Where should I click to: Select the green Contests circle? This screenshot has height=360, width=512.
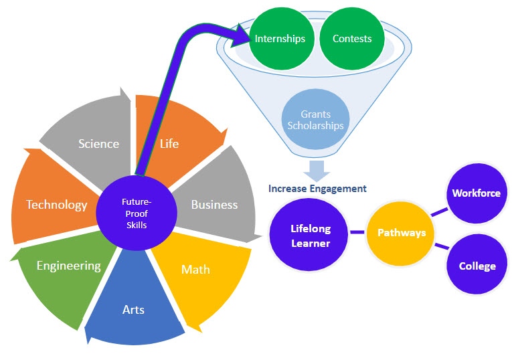(x=352, y=39)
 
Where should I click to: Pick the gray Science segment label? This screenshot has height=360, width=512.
(x=98, y=144)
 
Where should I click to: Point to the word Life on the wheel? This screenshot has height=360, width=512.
(x=169, y=143)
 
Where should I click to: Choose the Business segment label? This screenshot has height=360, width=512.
(x=214, y=205)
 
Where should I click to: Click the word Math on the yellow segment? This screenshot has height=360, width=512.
(x=195, y=270)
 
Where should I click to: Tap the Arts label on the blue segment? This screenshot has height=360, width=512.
(x=133, y=309)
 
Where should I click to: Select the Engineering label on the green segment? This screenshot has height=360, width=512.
(x=69, y=266)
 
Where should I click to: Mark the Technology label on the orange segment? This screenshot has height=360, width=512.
(x=57, y=205)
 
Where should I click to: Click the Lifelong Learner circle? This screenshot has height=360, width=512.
(x=310, y=234)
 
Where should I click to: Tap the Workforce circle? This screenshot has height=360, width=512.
(x=476, y=193)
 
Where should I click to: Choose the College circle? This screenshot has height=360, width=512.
(x=477, y=266)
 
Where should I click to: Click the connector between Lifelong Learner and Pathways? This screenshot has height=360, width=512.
(x=357, y=233)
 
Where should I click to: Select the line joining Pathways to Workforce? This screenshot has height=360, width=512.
(x=439, y=212)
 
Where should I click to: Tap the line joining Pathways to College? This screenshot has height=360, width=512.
(x=440, y=248)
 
